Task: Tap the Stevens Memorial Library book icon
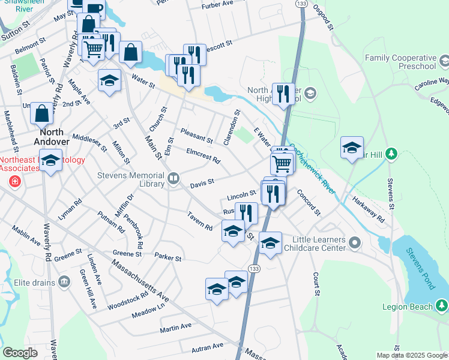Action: pyautogui.click(x=174, y=178)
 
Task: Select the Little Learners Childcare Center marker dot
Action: pyautogui.click(x=355, y=243)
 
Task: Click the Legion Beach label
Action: pyautogui.click(x=408, y=307)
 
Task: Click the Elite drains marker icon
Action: pyautogui.click(x=64, y=281)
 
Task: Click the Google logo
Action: pyautogui.click(x=20, y=352)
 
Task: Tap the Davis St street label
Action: pyautogui.click(x=202, y=185)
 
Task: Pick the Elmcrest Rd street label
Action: pyautogui.click(x=203, y=156)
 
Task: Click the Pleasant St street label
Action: pyautogui.click(x=196, y=136)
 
